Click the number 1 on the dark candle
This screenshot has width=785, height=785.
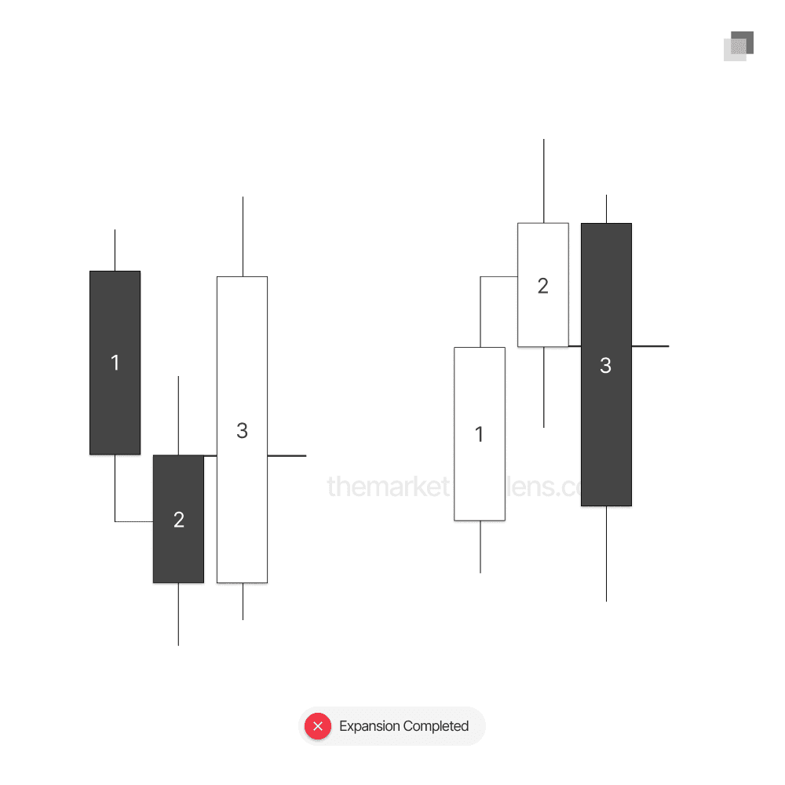click(115, 363)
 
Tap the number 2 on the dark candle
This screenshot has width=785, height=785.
click(178, 519)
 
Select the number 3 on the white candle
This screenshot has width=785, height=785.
click(242, 430)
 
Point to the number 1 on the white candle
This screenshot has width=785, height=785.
click(480, 434)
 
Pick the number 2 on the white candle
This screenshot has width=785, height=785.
click(542, 286)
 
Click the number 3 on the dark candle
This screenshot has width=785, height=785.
click(605, 365)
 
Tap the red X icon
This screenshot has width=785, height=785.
click(318, 726)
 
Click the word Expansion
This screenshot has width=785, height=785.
click(368, 726)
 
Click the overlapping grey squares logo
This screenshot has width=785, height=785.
click(739, 46)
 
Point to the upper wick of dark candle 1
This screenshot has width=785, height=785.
click(115, 250)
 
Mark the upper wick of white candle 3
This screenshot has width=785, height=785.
click(243, 236)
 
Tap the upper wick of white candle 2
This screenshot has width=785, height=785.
click(543, 181)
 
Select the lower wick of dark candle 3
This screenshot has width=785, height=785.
click(606, 553)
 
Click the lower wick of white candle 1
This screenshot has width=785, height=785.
click(480, 546)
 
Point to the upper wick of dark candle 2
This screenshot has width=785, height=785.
click(178, 415)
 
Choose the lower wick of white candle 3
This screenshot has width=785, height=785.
click(243, 601)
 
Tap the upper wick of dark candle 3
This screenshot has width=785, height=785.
click(606, 209)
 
